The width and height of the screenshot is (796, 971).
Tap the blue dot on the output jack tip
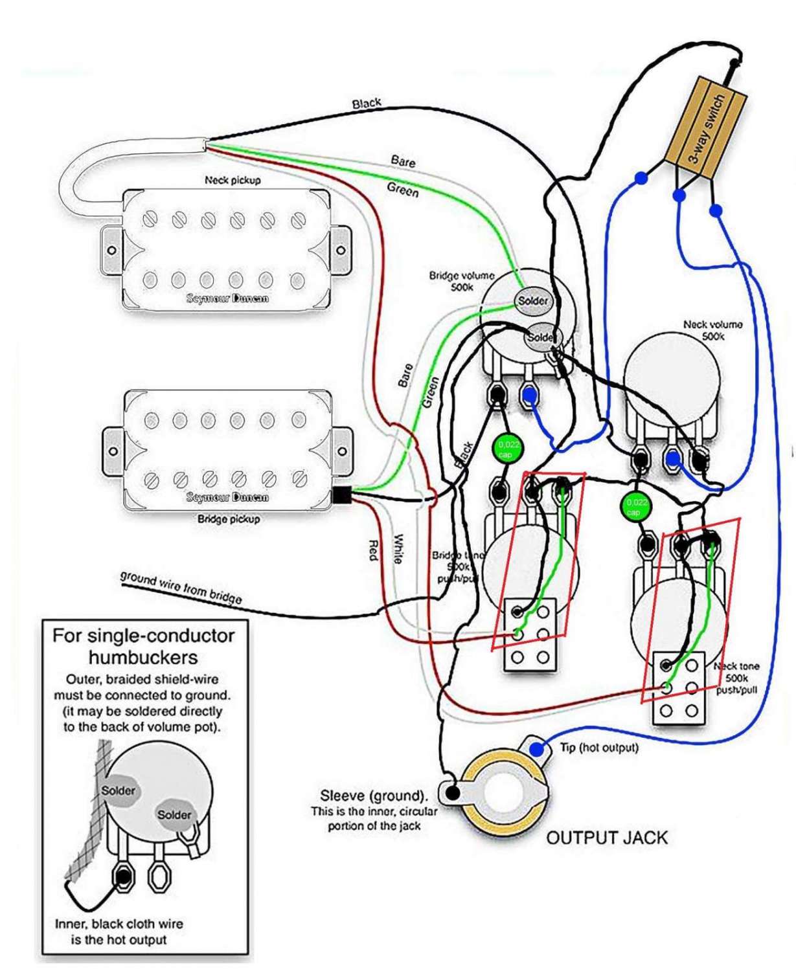536,749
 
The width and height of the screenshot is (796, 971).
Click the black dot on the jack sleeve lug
453,791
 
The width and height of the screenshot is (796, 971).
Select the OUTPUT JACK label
606,838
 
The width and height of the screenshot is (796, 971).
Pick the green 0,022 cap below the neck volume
635,506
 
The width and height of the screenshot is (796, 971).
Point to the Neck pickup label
233,180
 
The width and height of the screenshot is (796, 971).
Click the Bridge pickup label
228,519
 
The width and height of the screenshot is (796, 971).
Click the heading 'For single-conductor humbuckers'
143,646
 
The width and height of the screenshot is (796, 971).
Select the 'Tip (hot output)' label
599,748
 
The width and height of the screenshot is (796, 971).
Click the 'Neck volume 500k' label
712,330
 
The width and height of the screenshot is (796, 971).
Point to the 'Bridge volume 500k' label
461,281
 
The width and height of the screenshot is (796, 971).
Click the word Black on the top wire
367,104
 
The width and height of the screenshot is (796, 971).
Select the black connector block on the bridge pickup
341,496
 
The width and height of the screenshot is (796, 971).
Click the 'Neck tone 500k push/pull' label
736,678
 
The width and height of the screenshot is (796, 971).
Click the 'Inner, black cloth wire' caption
119,924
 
